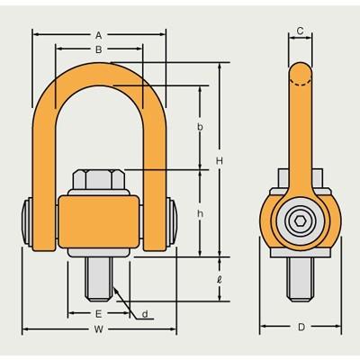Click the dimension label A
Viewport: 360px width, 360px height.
point(99,35)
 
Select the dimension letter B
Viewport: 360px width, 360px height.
point(99,49)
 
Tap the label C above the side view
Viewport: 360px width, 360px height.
point(300,31)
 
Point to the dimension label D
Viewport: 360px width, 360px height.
point(301,327)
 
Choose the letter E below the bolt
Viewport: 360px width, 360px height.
point(98,314)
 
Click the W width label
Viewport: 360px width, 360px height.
point(98,329)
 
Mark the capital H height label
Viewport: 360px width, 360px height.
point(220,161)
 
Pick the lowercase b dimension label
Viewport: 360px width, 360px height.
point(200,127)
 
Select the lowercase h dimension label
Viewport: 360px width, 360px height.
point(200,213)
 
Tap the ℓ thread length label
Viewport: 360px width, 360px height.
point(220,280)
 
